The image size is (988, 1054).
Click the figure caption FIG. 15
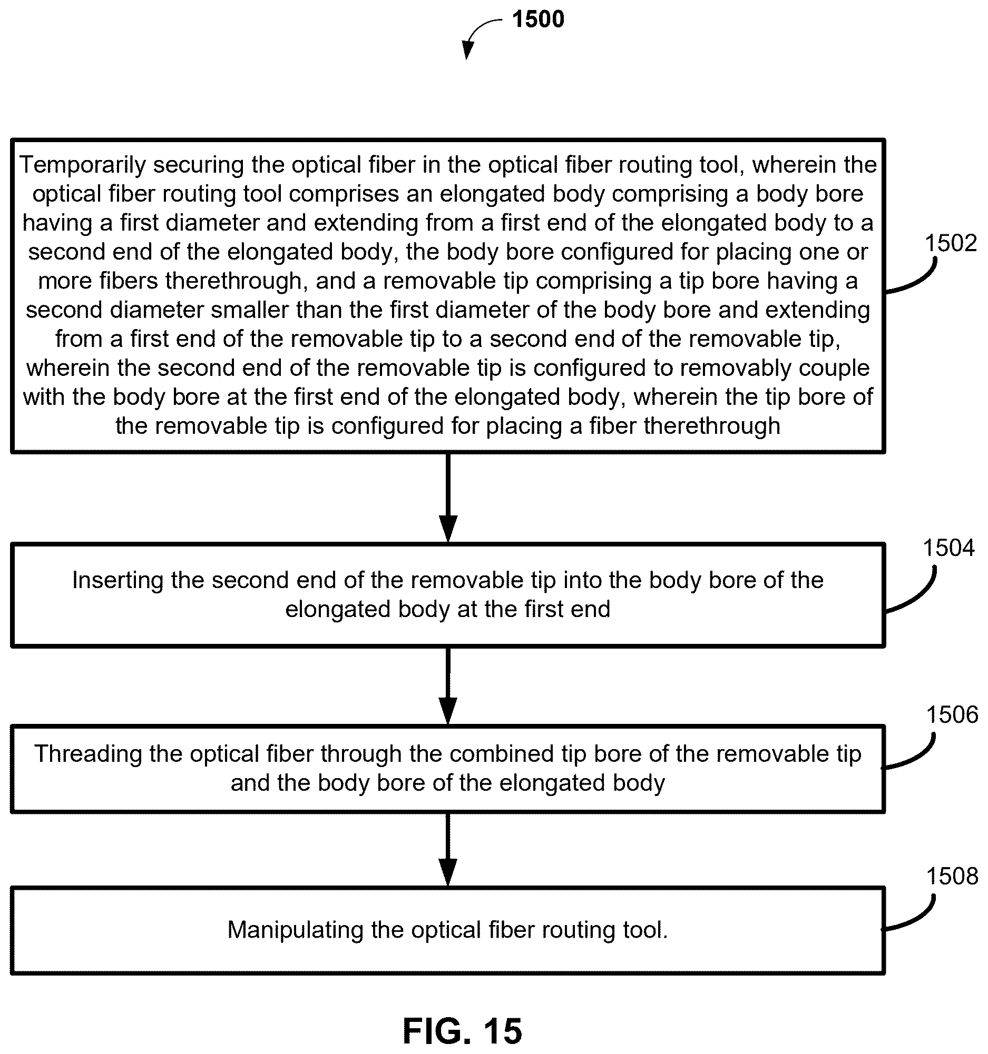tap(462, 1030)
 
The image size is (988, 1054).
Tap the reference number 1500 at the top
tap(538, 19)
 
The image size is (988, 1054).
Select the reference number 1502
tap(951, 243)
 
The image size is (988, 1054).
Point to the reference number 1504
tap(948, 547)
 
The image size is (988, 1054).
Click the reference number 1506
tap(952, 714)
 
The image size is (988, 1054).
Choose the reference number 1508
tap(952, 876)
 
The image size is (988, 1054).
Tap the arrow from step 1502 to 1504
tap(448, 498)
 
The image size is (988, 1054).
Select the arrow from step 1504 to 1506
tap(448, 685)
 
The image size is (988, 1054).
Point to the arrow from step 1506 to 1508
tap(448, 849)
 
